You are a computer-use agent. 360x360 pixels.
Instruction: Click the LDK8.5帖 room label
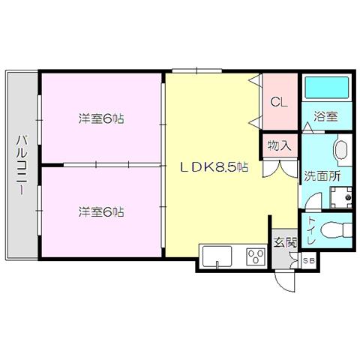click(x=214, y=167)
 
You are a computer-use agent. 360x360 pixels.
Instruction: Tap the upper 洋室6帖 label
click(x=101, y=118)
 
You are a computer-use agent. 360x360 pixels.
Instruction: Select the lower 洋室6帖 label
click(x=101, y=212)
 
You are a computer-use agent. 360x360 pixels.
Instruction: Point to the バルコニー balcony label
click(x=22, y=165)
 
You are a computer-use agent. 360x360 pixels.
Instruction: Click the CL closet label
click(x=279, y=102)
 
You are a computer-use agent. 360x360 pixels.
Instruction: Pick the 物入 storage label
click(x=280, y=145)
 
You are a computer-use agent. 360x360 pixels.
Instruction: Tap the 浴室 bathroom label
click(x=325, y=116)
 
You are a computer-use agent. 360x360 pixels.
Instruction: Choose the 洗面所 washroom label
click(x=322, y=176)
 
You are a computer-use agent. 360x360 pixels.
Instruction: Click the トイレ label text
click(x=311, y=230)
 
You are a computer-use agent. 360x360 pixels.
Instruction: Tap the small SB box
click(x=309, y=260)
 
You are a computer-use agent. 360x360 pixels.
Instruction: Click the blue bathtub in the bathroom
click(x=327, y=88)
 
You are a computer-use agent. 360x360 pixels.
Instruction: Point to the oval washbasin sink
click(x=340, y=151)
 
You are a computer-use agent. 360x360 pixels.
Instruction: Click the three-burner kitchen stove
click(x=256, y=256)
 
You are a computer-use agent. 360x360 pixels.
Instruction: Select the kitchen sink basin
click(x=217, y=256)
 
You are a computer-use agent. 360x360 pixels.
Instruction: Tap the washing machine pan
click(x=340, y=197)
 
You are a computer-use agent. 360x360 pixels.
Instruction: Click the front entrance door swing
click(x=285, y=281)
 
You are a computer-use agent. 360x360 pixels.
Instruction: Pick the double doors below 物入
click(x=280, y=169)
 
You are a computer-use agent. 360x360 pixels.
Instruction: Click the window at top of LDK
click(x=197, y=70)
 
